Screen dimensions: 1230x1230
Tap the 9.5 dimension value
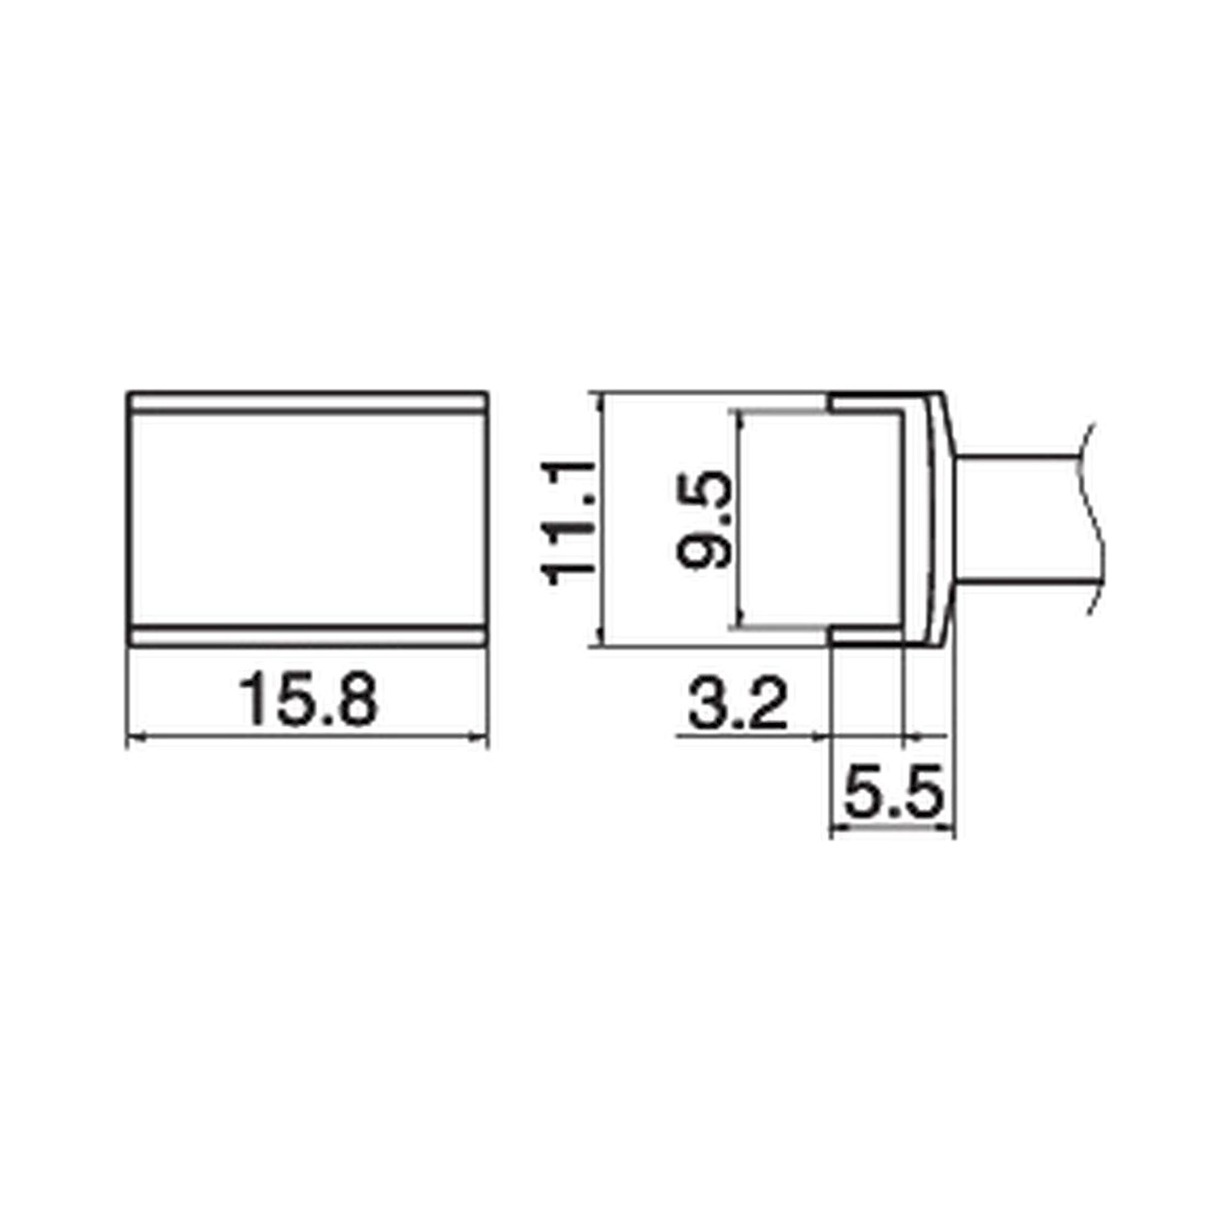704,520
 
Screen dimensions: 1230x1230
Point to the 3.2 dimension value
738,705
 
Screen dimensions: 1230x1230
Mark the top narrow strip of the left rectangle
307,403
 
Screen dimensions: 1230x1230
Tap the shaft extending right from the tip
1018,520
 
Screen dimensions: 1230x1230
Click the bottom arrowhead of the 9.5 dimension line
739,621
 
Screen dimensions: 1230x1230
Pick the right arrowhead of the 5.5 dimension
948,828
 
